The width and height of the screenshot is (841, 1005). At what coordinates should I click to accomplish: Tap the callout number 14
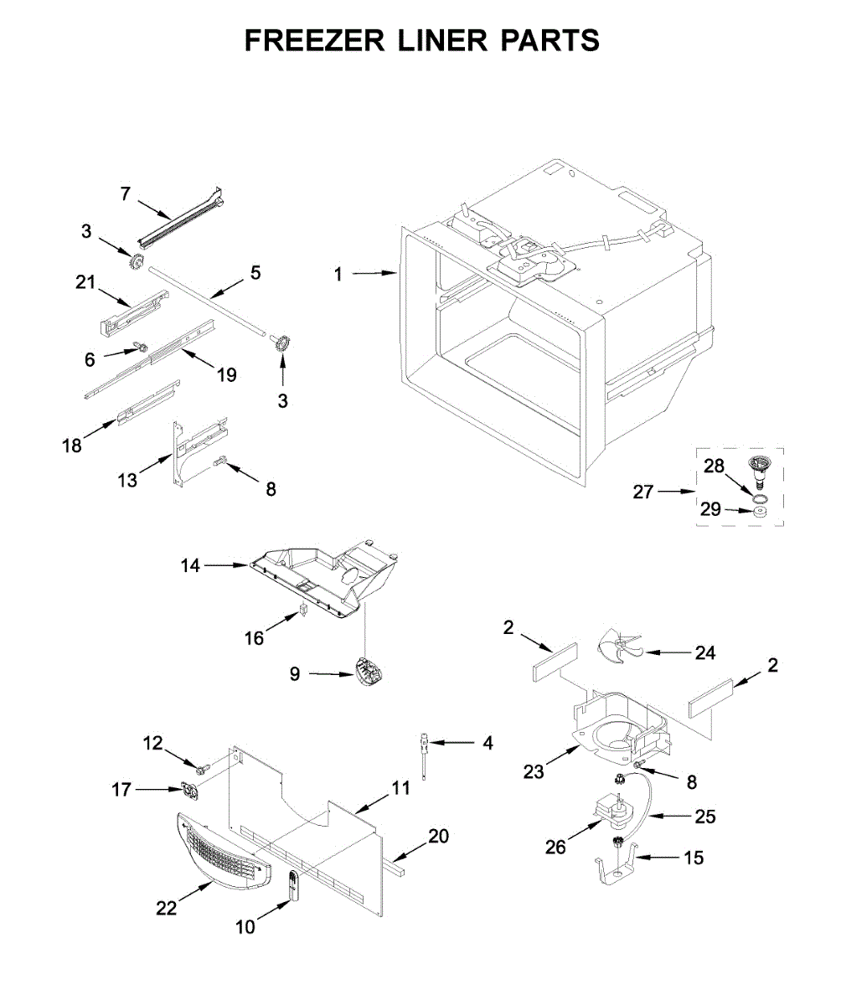pos(191,566)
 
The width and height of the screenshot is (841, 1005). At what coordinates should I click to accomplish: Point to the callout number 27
pos(642,492)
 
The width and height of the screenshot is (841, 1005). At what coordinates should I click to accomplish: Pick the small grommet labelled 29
pos(761,512)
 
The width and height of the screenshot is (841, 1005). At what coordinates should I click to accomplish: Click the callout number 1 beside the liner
pos(338,273)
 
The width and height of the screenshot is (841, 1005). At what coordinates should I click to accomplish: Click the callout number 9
pos(295,673)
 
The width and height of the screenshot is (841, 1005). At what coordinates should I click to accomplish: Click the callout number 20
pos(438,836)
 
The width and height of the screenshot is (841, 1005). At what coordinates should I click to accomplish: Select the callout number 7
pos(125,194)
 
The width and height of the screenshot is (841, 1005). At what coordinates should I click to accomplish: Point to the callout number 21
pos(85,283)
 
